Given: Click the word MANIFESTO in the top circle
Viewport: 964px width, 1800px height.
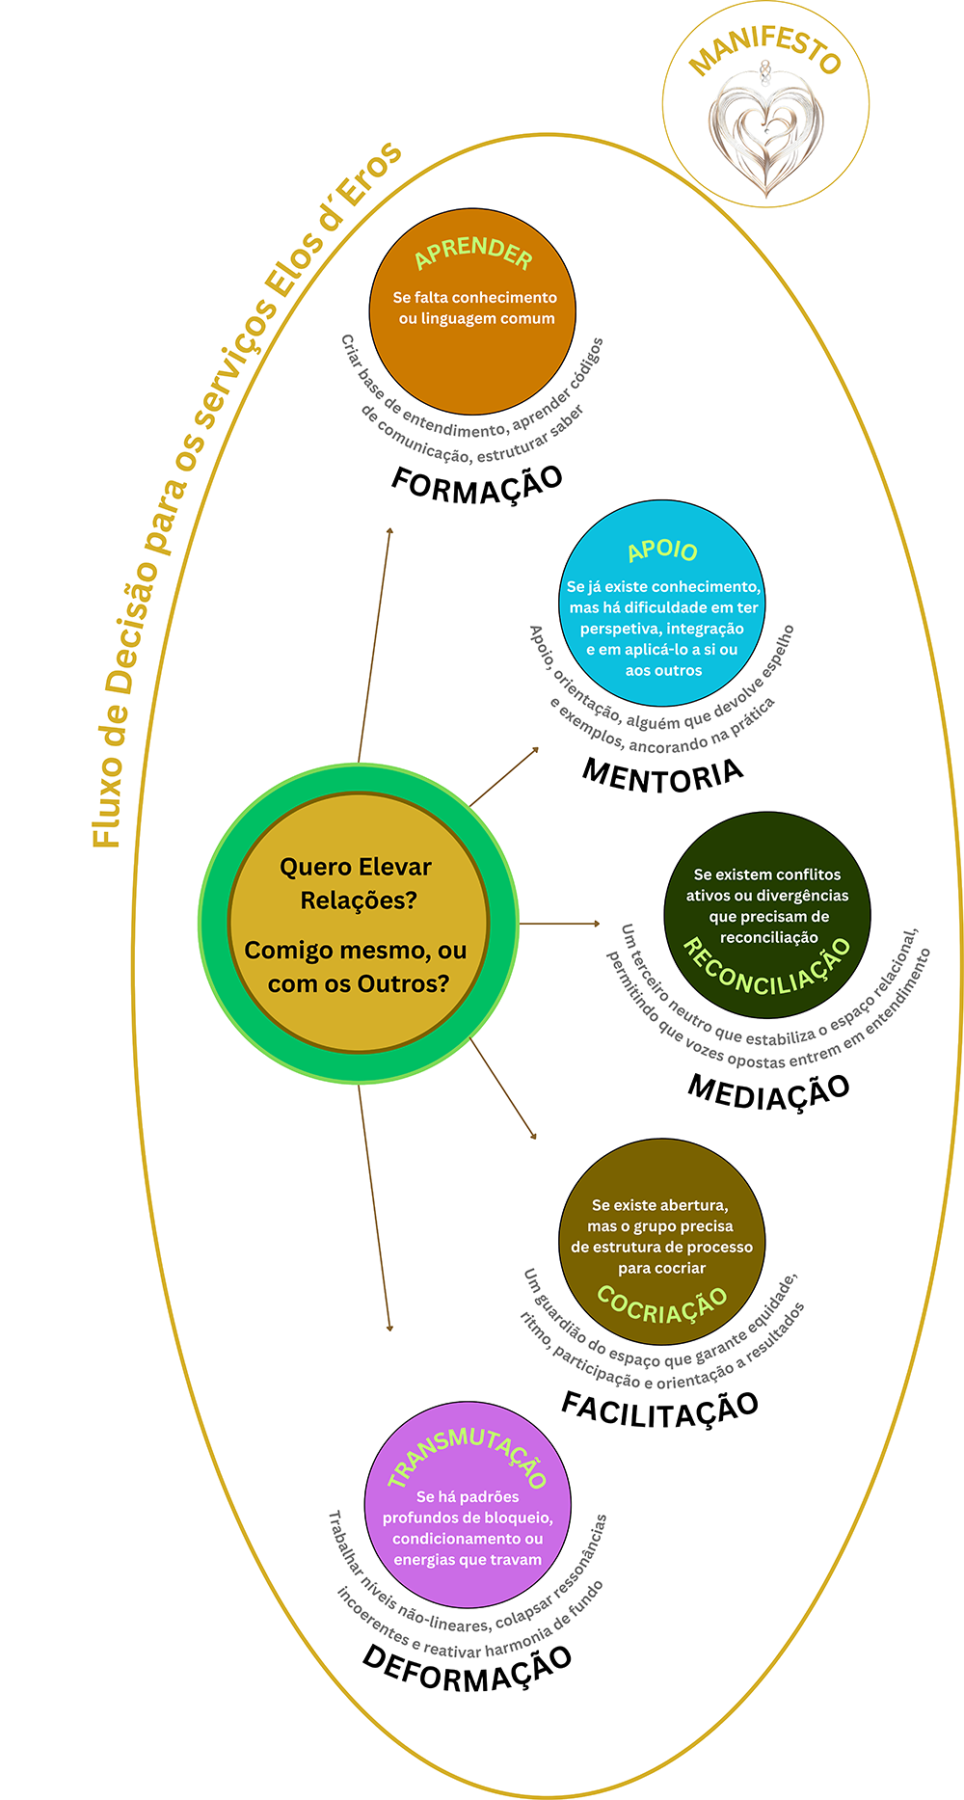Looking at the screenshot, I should (x=765, y=49).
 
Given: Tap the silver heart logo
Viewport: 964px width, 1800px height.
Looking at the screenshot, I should (x=766, y=130).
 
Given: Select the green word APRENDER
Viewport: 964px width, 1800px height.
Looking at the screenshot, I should (x=473, y=253).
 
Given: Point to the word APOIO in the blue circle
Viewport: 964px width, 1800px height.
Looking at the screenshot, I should (x=662, y=551).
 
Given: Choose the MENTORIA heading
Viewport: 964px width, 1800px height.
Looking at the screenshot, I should (x=663, y=775).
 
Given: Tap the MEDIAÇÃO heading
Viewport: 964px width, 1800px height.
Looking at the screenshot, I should (x=768, y=1090).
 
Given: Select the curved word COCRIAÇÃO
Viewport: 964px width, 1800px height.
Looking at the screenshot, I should (x=662, y=1303).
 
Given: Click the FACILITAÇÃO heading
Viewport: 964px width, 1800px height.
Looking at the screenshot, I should (x=660, y=1409).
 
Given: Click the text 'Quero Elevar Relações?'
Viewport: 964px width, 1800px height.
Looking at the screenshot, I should (x=357, y=883).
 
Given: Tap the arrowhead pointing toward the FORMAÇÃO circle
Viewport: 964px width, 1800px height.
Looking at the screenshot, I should (x=389, y=531).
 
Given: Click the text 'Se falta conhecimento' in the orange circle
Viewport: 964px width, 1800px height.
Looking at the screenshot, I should (x=474, y=298).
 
